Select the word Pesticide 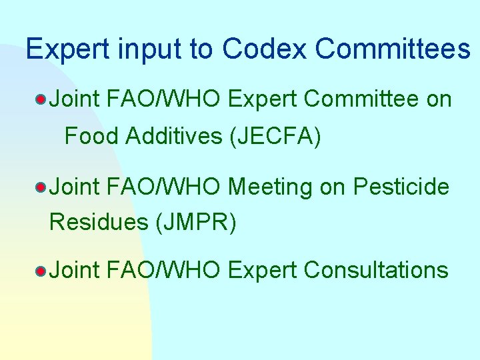click(401, 187)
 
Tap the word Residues click(99, 222)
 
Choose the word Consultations click(375, 270)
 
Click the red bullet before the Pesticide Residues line click(41, 188)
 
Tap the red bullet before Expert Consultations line click(41, 271)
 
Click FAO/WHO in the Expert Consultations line click(163, 270)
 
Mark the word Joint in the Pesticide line click(75, 187)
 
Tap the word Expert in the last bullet click(262, 270)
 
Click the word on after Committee click(438, 99)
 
